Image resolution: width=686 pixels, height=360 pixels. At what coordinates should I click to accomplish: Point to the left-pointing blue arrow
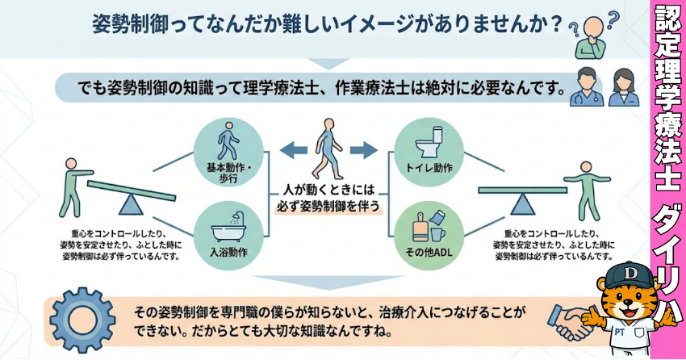[294, 149]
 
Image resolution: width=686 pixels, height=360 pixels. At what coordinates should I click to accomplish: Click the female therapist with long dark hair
[622, 87]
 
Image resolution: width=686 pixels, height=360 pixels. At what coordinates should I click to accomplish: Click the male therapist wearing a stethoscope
[587, 87]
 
